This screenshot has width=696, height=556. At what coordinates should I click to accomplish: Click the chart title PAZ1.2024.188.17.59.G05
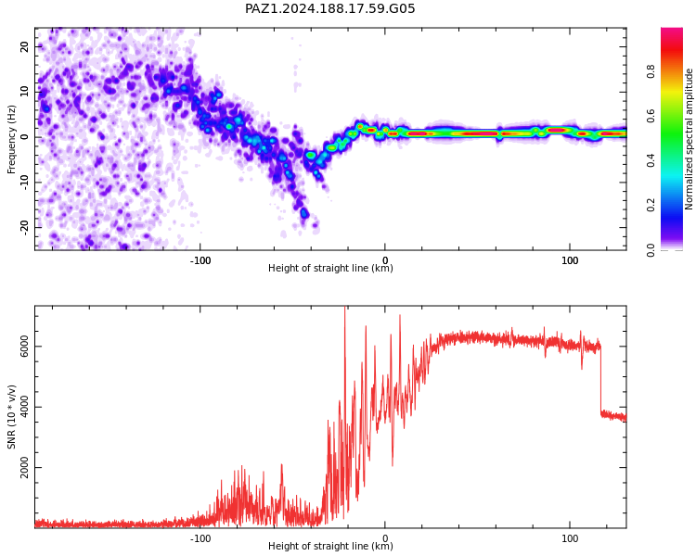pos(329,8)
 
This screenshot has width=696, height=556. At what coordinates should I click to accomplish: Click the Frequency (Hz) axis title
pos(11,139)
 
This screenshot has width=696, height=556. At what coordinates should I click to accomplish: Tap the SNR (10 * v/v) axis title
pos(11,417)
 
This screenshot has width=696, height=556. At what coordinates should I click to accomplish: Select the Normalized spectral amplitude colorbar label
pos(689,139)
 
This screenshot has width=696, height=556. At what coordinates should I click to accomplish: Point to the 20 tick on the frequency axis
pos(24,46)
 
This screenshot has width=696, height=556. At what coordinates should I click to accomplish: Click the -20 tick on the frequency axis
pos(24,228)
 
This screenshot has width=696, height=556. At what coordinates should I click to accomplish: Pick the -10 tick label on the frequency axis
pos(24,183)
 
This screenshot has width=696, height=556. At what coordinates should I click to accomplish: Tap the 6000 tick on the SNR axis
pos(24,347)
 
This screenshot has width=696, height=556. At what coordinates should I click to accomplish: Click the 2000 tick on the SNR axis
pos(24,467)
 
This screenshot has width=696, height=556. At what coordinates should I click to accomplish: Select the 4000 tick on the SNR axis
pos(24,407)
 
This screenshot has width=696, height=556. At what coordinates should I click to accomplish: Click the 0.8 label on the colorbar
pos(651,71)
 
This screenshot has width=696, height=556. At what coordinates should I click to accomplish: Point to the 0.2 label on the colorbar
pos(651,206)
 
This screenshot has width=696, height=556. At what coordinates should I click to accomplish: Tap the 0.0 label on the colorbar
pos(651,250)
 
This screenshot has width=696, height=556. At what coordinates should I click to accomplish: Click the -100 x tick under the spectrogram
pos(200,260)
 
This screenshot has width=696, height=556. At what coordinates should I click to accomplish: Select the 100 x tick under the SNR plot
pos(570,538)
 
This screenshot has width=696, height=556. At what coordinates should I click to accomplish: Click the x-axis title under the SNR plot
pos(330,546)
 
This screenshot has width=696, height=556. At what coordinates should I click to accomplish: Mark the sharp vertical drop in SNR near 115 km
pos(600,380)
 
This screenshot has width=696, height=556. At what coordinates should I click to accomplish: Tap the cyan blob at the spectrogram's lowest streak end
pos(304,213)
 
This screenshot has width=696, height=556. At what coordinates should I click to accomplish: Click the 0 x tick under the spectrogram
pos(385,260)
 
